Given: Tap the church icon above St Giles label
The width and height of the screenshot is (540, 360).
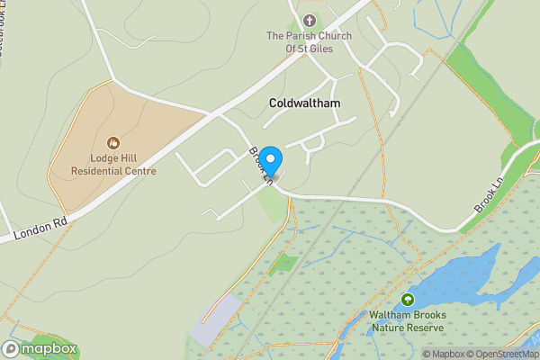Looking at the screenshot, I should [x=310, y=20].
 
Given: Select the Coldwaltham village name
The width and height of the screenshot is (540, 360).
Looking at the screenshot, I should [x=304, y=103].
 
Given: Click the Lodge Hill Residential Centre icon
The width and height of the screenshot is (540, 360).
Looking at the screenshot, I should [x=113, y=142].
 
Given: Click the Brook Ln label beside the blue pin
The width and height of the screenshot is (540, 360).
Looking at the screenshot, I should [x=259, y=166].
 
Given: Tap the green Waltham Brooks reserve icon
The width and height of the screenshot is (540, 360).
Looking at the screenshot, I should [x=407, y=300].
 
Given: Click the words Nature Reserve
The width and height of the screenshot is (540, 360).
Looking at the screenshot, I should [x=408, y=328].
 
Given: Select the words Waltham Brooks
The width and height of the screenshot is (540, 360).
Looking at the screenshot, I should [x=407, y=315].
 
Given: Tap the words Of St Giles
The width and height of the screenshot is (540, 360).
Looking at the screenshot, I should [x=310, y=49].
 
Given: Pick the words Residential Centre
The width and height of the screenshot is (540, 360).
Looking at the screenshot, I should [x=113, y=171].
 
